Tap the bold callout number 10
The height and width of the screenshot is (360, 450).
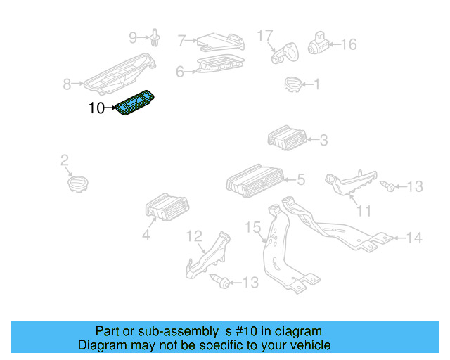(x=96, y=108)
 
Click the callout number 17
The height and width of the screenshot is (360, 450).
(x=264, y=34)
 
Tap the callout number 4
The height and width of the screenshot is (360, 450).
(x=146, y=236)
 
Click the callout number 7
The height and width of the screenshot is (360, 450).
(x=181, y=41)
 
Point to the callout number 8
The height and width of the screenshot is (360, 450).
(x=67, y=85)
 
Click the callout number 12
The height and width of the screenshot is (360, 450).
(x=193, y=236)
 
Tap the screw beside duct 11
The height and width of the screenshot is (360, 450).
(x=387, y=186)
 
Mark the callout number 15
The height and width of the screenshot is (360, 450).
(x=252, y=227)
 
